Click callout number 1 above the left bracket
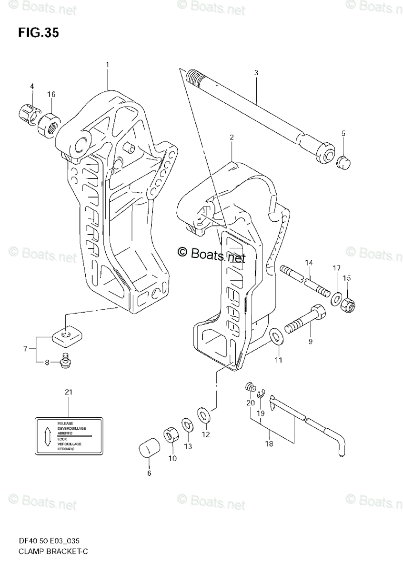[108, 64]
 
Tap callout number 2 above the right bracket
[232, 138]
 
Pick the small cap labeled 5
[343, 163]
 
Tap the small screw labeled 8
[65, 363]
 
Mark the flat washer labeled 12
[203, 414]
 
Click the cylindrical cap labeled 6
[148, 448]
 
